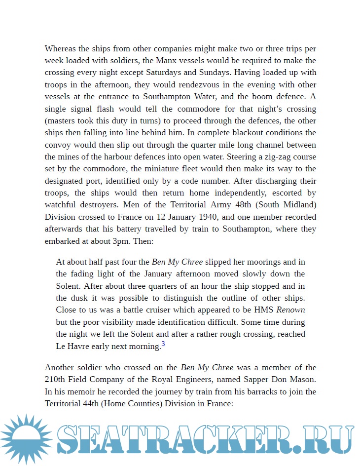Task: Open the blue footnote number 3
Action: tap(163, 345)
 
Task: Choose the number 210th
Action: tap(57, 380)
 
